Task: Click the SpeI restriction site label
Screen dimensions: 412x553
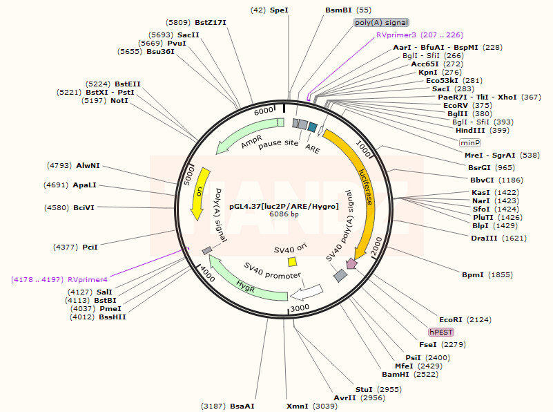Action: click(278, 10)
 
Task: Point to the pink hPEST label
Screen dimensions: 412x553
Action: click(441, 332)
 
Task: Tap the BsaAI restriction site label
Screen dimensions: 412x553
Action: click(242, 406)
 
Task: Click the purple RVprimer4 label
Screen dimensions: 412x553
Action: click(88, 279)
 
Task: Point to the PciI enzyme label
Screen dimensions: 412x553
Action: click(90, 247)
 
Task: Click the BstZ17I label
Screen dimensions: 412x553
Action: click(210, 23)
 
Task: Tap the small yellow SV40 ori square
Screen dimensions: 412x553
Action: click(292, 262)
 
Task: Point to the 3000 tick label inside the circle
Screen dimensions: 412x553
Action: click(299, 307)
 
